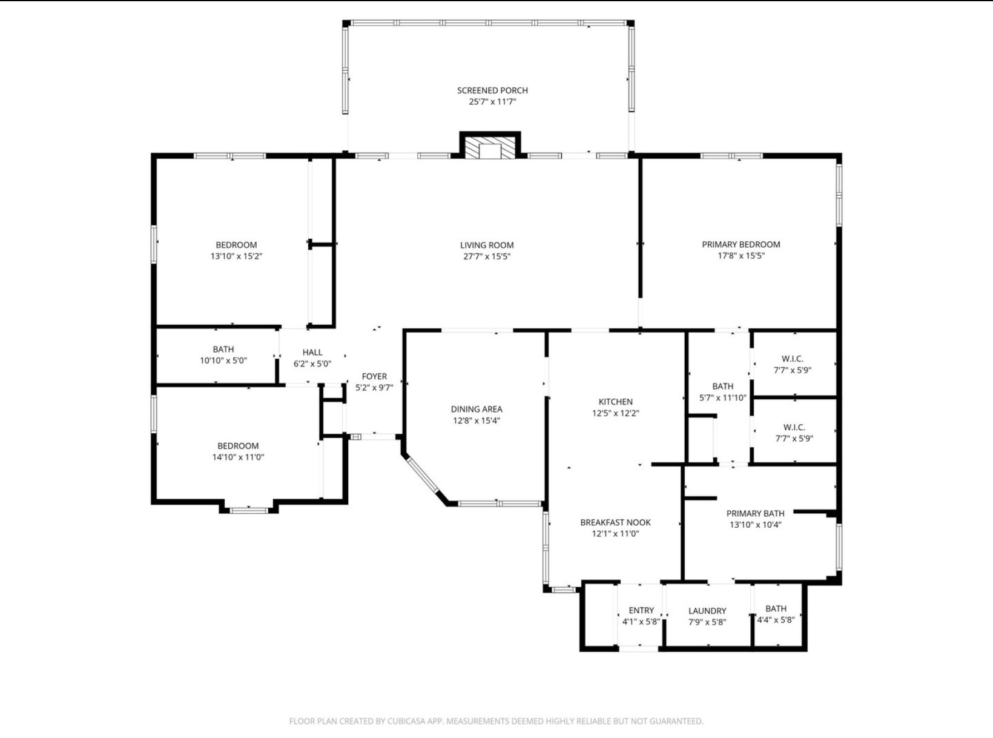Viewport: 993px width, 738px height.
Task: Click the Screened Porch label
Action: click(x=492, y=90)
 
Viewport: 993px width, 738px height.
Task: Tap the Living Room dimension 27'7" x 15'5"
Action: click(x=487, y=257)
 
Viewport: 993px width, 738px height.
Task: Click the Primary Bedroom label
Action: click(x=741, y=245)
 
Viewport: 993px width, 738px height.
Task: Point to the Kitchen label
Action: click(x=616, y=402)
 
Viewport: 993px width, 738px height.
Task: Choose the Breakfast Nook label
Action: click(x=615, y=522)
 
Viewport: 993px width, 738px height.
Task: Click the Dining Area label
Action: click(x=477, y=409)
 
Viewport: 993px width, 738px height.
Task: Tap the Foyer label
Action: click(x=374, y=376)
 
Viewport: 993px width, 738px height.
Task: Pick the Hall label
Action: click(x=312, y=353)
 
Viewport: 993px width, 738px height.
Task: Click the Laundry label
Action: click(x=707, y=611)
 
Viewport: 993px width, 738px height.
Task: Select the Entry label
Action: click(x=641, y=610)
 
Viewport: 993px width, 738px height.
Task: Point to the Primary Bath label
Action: click(x=755, y=513)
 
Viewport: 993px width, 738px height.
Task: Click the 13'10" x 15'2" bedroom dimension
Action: click(x=236, y=257)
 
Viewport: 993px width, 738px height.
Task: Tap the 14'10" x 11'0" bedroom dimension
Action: click(x=238, y=457)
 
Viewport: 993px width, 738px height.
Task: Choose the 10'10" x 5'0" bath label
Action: click(x=223, y=361)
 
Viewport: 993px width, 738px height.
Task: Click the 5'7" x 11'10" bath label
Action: click(x=722, y=397)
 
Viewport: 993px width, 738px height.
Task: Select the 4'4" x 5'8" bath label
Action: click(x=776, y=620)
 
